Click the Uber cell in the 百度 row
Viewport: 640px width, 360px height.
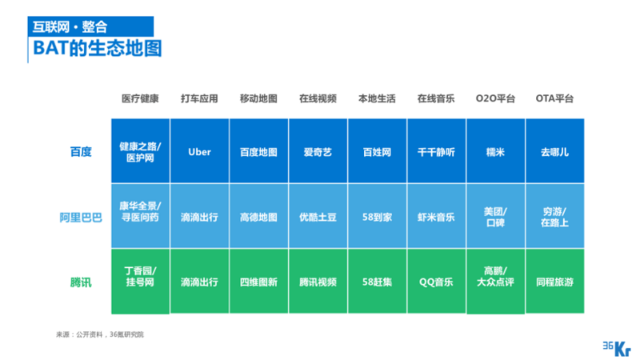tap(199, 151)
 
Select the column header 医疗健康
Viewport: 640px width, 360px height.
tap(140, 98)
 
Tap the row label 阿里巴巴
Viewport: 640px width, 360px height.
tap(81, 218)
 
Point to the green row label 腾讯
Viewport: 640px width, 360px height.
tap(81, 282)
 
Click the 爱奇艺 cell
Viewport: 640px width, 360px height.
tap(318, 151)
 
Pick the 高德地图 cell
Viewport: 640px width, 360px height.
tap(258, 216)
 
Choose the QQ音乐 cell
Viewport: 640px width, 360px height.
tap(436, 282)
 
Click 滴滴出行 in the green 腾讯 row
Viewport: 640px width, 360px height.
tap(199, 282)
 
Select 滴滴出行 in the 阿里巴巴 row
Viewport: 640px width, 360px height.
tap(199, 216)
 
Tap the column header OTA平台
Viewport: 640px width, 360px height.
tap(554, 98)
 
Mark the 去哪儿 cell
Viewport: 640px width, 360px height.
tap(554, 151)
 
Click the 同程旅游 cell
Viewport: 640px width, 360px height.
tap(554, 282)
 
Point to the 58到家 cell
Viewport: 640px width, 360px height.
tap(377, 216)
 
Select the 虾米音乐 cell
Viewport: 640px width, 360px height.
tap(436, 216)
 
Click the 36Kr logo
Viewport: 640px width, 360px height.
tap(617, 349)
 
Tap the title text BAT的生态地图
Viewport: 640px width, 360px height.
tap(97, 48)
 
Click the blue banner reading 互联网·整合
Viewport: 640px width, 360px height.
tap(90, 26)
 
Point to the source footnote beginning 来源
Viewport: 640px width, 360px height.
tap(100, 334)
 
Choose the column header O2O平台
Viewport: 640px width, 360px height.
tap(495, 98)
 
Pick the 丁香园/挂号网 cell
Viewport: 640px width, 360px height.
tap(140, 282)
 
